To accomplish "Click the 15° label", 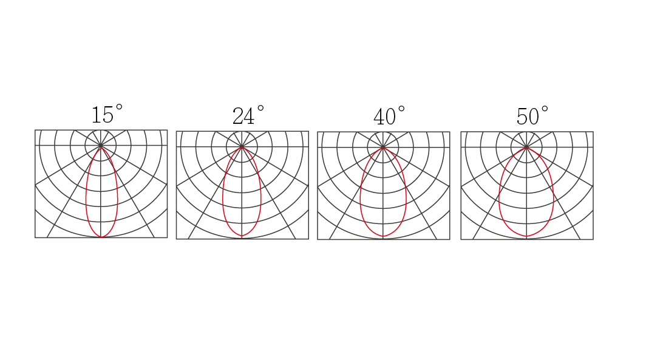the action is tap(107, 114).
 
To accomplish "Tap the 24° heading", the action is tap(248, 115).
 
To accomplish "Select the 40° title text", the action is tap(389, 116).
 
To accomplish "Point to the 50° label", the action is tap(532, 116).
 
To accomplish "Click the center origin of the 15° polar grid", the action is tap(101, 146).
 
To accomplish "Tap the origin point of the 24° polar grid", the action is tap(242, 147).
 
